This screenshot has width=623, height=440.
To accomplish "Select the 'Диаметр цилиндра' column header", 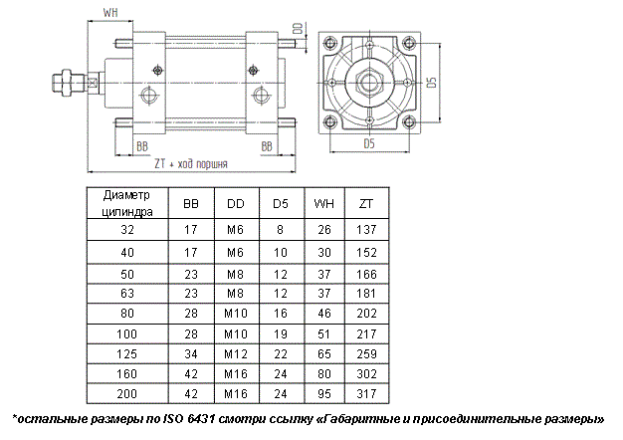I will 126,203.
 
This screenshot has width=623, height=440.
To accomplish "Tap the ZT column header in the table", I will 366,203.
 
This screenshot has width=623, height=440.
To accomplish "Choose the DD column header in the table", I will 235,203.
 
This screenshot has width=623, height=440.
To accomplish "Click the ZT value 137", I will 366,230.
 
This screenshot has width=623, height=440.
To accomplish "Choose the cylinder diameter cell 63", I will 125,291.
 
